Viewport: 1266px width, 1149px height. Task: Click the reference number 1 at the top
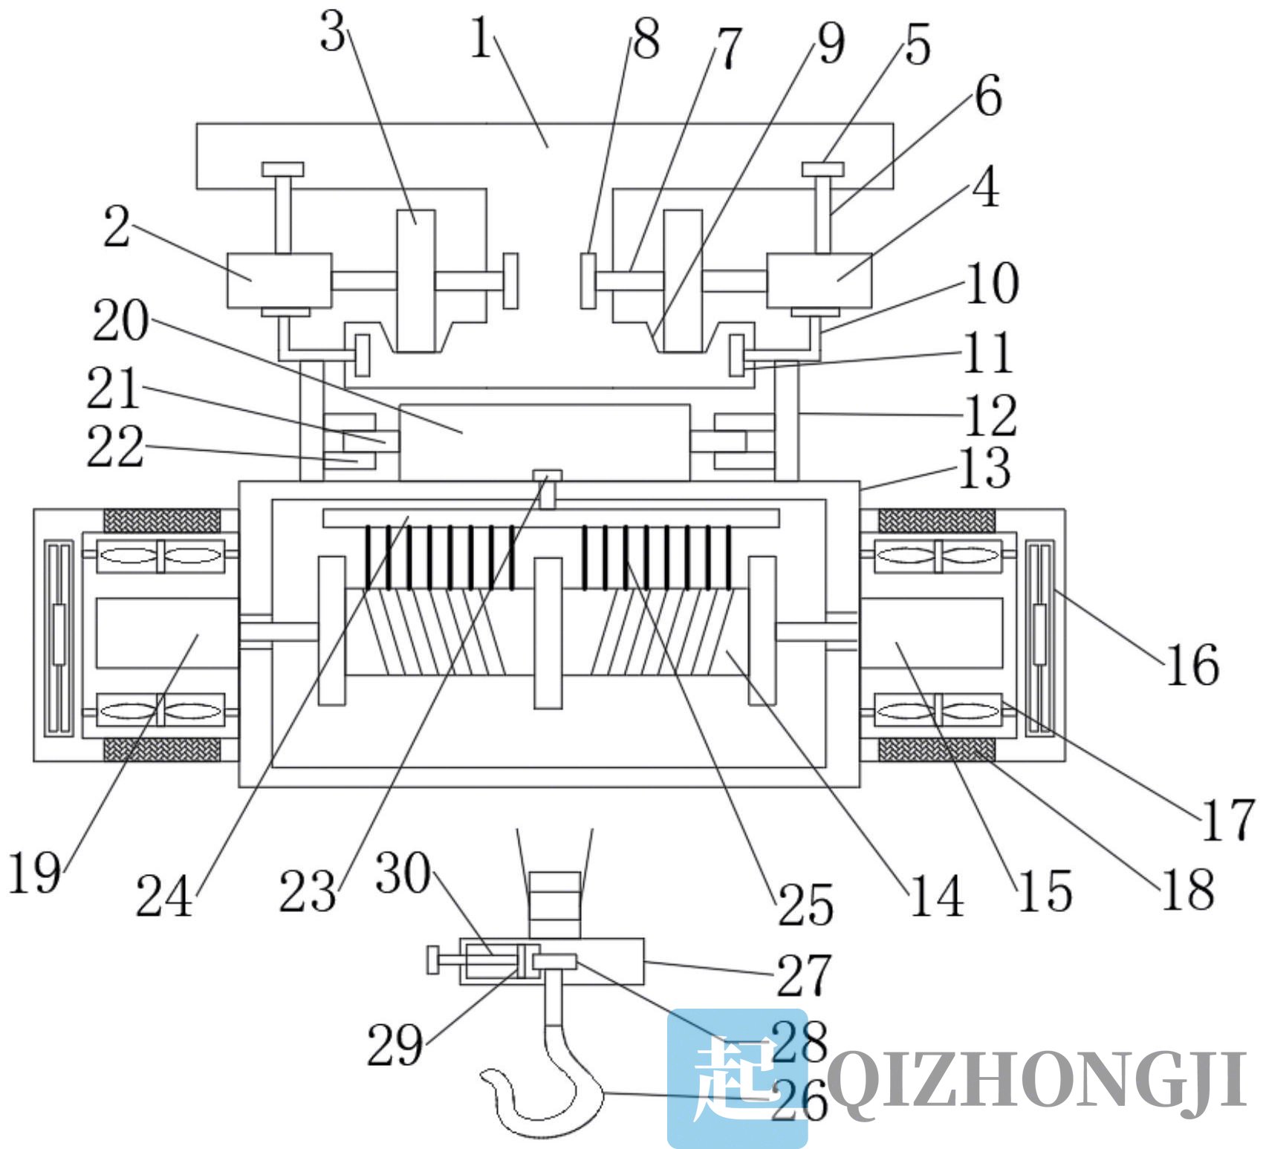tap(481, 39)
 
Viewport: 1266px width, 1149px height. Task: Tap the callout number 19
tap(34, 872)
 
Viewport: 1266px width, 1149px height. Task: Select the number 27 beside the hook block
tap(803, 975)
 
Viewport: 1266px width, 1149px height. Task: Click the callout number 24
tap(163, 896)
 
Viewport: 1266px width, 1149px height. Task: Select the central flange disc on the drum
tap(548, 633)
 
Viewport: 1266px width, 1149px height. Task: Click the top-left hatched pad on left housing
tap(162, 520)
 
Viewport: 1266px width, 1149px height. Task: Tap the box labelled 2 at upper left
tap(279, 280)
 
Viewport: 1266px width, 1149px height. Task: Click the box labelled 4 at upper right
tap(819, 280)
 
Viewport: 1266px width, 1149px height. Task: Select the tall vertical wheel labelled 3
tap(416, 280)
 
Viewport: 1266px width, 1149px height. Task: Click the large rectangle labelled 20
tap(545, 442)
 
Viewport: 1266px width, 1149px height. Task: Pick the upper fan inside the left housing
tap(160, 554)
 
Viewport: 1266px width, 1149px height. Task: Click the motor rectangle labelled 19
tap(167, 633)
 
